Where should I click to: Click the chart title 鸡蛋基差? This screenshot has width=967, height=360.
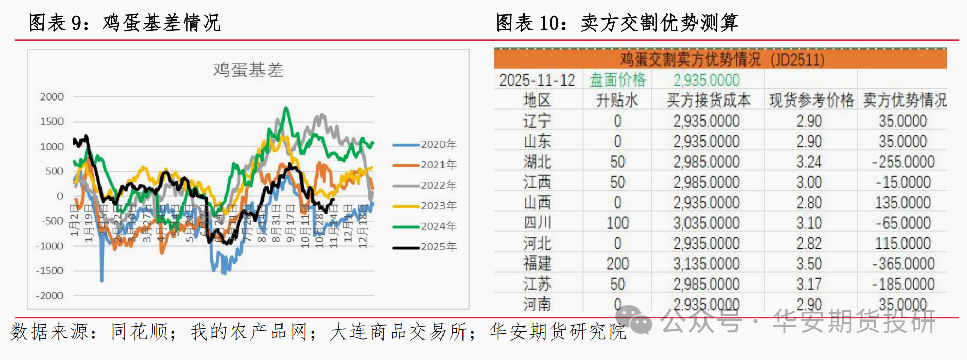(x=248, y=70)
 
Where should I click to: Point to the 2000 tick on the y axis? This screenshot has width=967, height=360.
(x=52, y=97)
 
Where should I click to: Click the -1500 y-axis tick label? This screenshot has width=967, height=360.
(x=50, y=271)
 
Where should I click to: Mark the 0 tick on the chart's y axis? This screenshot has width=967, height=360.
(x=60, y=196)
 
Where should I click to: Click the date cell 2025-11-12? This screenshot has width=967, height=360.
(x=537, y=81)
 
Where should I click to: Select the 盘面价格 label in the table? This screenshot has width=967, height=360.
(x=617, y=80)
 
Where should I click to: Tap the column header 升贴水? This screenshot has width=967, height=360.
(x=617, y=101)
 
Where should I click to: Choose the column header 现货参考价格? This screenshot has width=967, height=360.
(x=811, y=101)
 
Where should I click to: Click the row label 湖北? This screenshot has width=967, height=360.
(x=537, y=162)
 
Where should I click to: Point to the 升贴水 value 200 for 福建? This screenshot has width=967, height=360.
(x=617, y=264)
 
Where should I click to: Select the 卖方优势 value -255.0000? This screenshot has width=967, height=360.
(x=903, y=162)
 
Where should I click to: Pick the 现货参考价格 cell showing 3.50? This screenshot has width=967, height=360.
(x=809, y=264)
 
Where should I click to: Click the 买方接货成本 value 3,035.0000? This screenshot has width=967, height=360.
(x=707, y=223)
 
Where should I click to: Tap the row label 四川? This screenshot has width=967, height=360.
(x=537, y=223)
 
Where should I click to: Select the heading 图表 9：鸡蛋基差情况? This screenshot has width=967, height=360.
(x=125, y=23)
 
